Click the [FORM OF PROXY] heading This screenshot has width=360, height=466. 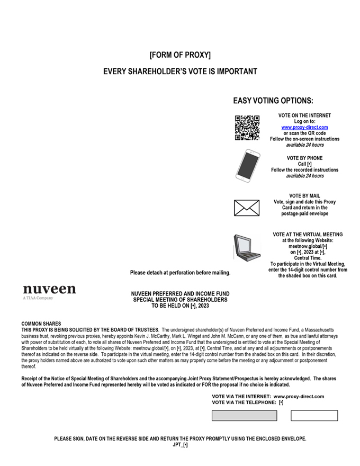180,55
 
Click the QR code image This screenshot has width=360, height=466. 247,128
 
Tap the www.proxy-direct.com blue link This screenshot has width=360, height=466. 304,127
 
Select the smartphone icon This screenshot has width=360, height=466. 247,165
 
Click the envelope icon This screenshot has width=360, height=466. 247,208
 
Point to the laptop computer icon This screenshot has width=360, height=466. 246,247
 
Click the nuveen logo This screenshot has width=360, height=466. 49,289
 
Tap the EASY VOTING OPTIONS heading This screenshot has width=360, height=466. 273,101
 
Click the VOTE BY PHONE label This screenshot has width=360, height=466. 304,158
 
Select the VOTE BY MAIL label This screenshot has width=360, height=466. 304,196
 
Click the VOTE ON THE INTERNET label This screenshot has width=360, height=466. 304,115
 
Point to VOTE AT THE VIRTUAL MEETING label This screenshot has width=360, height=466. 308,234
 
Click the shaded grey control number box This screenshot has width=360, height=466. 244,416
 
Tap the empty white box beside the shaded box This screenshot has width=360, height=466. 314,416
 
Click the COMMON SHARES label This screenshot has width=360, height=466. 41,324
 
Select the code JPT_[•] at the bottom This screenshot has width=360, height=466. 180,445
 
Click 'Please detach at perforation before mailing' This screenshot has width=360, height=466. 180,273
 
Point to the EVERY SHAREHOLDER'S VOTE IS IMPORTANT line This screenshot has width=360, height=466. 180,71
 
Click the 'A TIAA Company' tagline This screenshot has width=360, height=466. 38,298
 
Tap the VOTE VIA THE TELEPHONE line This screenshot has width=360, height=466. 247,402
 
